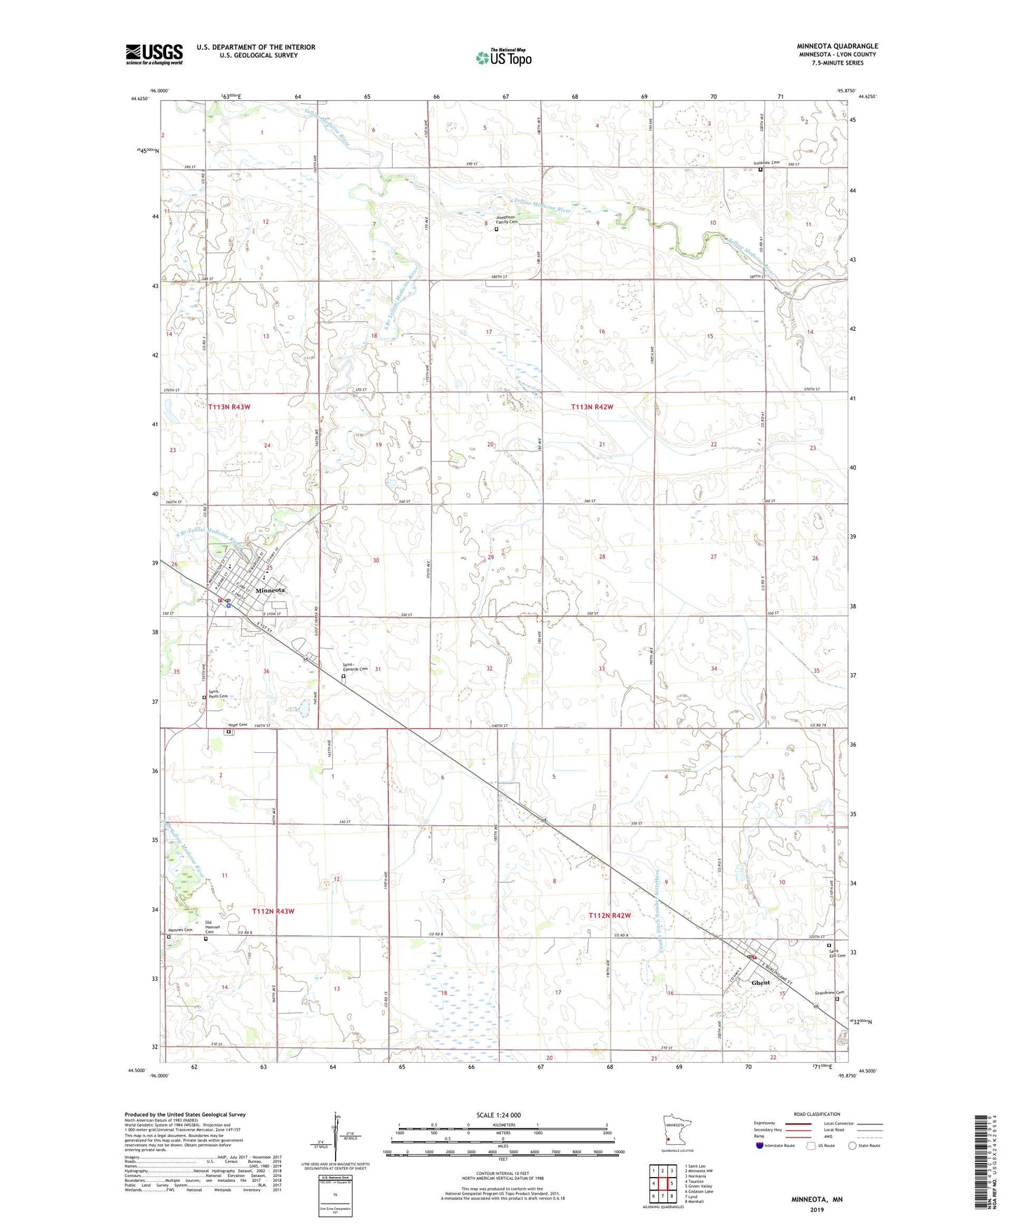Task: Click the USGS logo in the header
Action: click(x=154, y=54)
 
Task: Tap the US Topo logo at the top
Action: click(x=503, y=57)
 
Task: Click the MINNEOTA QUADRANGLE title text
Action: click(x=837, y=46)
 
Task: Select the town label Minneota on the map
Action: click(x=270, y=590)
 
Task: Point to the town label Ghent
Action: click(x=761, y=982)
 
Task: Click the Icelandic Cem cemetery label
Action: click(x=766, y=163)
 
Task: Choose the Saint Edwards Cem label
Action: click(x=355, y=667)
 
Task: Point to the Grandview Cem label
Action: click(x=830, y=992)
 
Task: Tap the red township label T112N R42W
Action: click(x=609, y=916)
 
